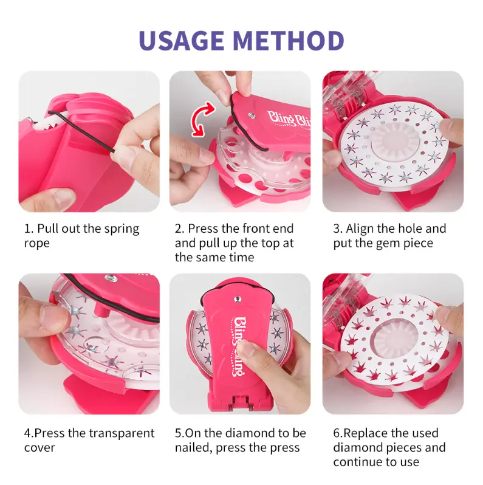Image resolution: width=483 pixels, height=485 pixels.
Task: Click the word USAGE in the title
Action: click(x=182, y=40)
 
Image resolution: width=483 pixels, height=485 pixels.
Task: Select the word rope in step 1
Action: click(x=37, y=244)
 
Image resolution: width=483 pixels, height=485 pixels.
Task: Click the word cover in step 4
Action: click(x=39, y=448)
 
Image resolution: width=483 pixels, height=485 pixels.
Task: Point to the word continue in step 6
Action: click(x=357, y=462)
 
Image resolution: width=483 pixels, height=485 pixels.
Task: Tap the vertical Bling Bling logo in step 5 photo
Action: click(x=238, y=346)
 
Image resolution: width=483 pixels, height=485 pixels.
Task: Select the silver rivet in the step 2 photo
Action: click(x=252, y=115)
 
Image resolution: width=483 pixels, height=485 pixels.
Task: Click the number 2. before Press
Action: click(x=180, y=229)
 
